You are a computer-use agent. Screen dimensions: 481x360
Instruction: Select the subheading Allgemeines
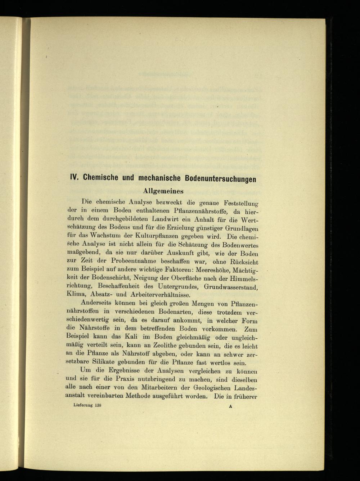[x=163, y=191]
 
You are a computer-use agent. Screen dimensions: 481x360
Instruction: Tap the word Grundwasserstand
[x=230, y=287]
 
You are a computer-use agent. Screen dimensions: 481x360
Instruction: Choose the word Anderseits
[x=99, y=304]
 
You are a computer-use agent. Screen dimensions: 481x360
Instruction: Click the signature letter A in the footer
[x=230, y=406]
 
